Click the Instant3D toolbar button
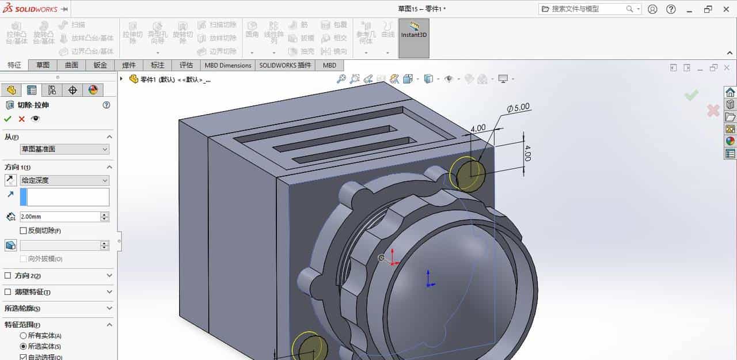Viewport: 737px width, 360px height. (x=413, y=38)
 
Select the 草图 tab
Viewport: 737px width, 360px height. (x=43, y=65)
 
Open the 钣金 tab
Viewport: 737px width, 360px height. (x=100, y=65)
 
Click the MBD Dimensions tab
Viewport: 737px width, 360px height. (x=228, y=65)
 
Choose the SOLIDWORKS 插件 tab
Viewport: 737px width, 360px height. (x=284, y=65)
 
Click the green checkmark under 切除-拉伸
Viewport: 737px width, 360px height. (x=7, y=119)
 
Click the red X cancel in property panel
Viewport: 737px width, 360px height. (x=22, y=119)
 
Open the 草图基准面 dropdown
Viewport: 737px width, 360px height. (x=64, y=149)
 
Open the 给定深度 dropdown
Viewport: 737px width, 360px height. (x=64, y=180)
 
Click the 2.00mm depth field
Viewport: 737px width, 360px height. (x=59, y=217)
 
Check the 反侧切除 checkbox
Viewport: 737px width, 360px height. (x=23, y=230)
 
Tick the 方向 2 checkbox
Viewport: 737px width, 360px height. (x=7, y=276)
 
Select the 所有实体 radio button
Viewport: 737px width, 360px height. (x=23, y=335)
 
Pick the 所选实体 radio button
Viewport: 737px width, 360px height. (x=23, y=346)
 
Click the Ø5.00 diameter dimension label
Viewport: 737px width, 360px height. (x=518, y=108)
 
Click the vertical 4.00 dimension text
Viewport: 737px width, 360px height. (x=527, y=153)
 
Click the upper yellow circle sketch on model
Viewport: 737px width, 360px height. (x=466, y=173)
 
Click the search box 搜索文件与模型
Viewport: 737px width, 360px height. (x=587, y=9)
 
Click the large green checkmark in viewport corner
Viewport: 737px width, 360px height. (x=692, y=95)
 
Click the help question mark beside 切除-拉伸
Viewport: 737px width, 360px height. (x=106, y=105)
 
